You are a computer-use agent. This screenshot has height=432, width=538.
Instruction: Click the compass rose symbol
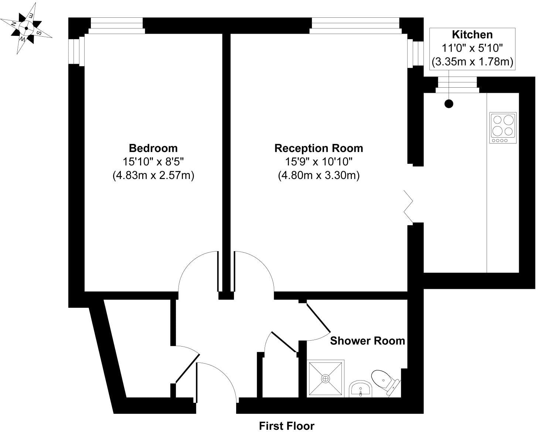coord(26,28)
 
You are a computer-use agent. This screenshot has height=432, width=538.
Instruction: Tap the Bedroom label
coord(153,148)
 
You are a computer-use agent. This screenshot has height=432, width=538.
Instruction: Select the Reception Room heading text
coord(319,148)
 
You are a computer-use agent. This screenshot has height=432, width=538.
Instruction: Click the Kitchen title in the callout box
coord(472,35)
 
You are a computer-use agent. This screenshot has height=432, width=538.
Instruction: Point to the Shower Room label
coord(367,341)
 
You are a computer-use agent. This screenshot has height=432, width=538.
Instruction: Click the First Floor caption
coord(286,426)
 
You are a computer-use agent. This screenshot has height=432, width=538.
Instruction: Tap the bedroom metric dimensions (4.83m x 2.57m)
coord(153,175)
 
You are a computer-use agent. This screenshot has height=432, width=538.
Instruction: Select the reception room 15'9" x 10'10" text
coord(319,162)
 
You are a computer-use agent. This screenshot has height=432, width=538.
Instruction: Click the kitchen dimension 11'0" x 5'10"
coord(473,48)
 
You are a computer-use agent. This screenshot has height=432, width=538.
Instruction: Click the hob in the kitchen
coord(503,128)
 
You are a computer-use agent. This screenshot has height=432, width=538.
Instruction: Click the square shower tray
coord(326,378)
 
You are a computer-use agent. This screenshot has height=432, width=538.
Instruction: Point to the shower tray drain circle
coord(326,378)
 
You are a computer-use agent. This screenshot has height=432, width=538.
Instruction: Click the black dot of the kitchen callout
coord(449,104)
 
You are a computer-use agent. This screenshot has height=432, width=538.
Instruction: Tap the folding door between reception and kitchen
coord(409,207)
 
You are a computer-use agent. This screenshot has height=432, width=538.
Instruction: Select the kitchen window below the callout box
coord(457,85)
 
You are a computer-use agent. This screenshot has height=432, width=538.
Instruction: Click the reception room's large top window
coord(355,26)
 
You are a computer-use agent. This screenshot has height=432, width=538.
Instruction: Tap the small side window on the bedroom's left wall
coord(77,52)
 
